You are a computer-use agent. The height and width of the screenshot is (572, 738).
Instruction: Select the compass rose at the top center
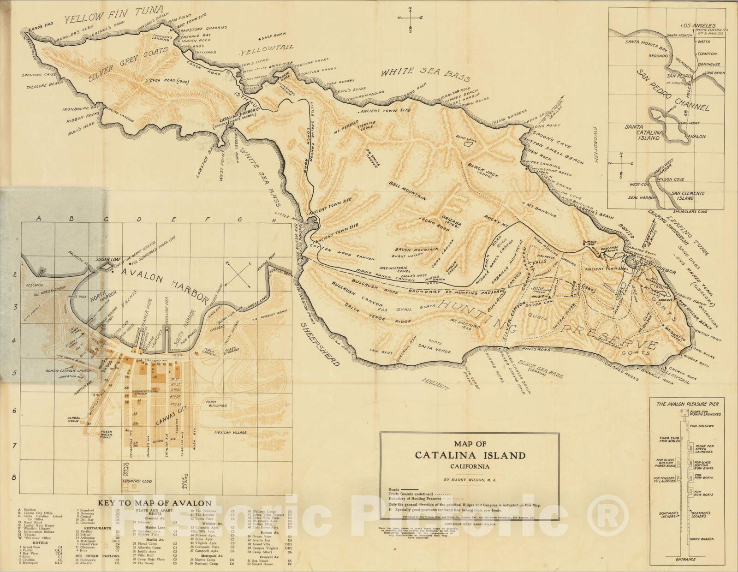click(x=410, y=18)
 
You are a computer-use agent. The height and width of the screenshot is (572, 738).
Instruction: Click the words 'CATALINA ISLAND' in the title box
click(x=470, y=455)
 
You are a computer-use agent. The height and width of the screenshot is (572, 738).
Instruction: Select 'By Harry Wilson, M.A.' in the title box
click(x=470, y=480)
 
